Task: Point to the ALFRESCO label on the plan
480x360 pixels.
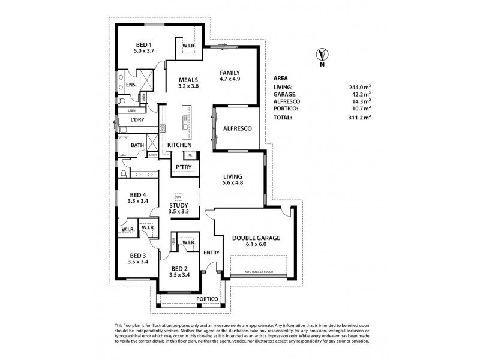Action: [236, 128]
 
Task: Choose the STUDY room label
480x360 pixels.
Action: [179, 205]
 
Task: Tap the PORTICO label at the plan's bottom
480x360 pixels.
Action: [206, 298]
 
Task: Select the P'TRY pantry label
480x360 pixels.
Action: [183, 167]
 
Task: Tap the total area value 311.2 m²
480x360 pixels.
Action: [359, 118]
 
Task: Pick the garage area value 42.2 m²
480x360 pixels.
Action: [361, 94]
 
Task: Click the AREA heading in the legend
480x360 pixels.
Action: [280, 78]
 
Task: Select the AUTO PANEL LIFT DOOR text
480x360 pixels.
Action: [260, 273]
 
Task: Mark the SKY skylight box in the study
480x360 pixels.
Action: [178, 196]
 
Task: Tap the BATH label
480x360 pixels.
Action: [137, 145]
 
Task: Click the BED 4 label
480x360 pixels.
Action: [137, 194]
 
